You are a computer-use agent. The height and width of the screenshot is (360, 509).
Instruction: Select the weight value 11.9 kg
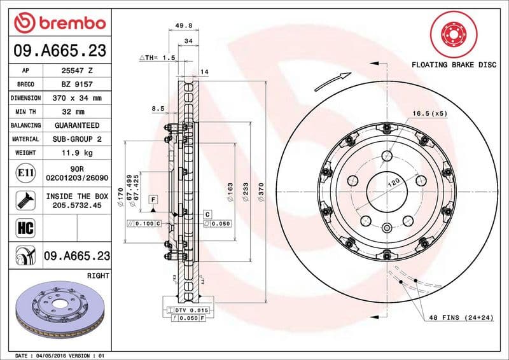[x=76, y=153]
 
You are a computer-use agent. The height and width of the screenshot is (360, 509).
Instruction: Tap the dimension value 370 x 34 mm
[x=76, y=98]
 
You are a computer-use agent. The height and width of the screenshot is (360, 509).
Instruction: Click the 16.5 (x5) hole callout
[x=430, y=113]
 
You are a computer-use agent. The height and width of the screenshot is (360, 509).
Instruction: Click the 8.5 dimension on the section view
[x=158, y=109]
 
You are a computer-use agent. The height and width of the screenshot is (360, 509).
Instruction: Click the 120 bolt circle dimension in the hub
[x=394, y=183]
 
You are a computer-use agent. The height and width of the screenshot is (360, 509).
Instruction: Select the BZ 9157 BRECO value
[x=76, y=84]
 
